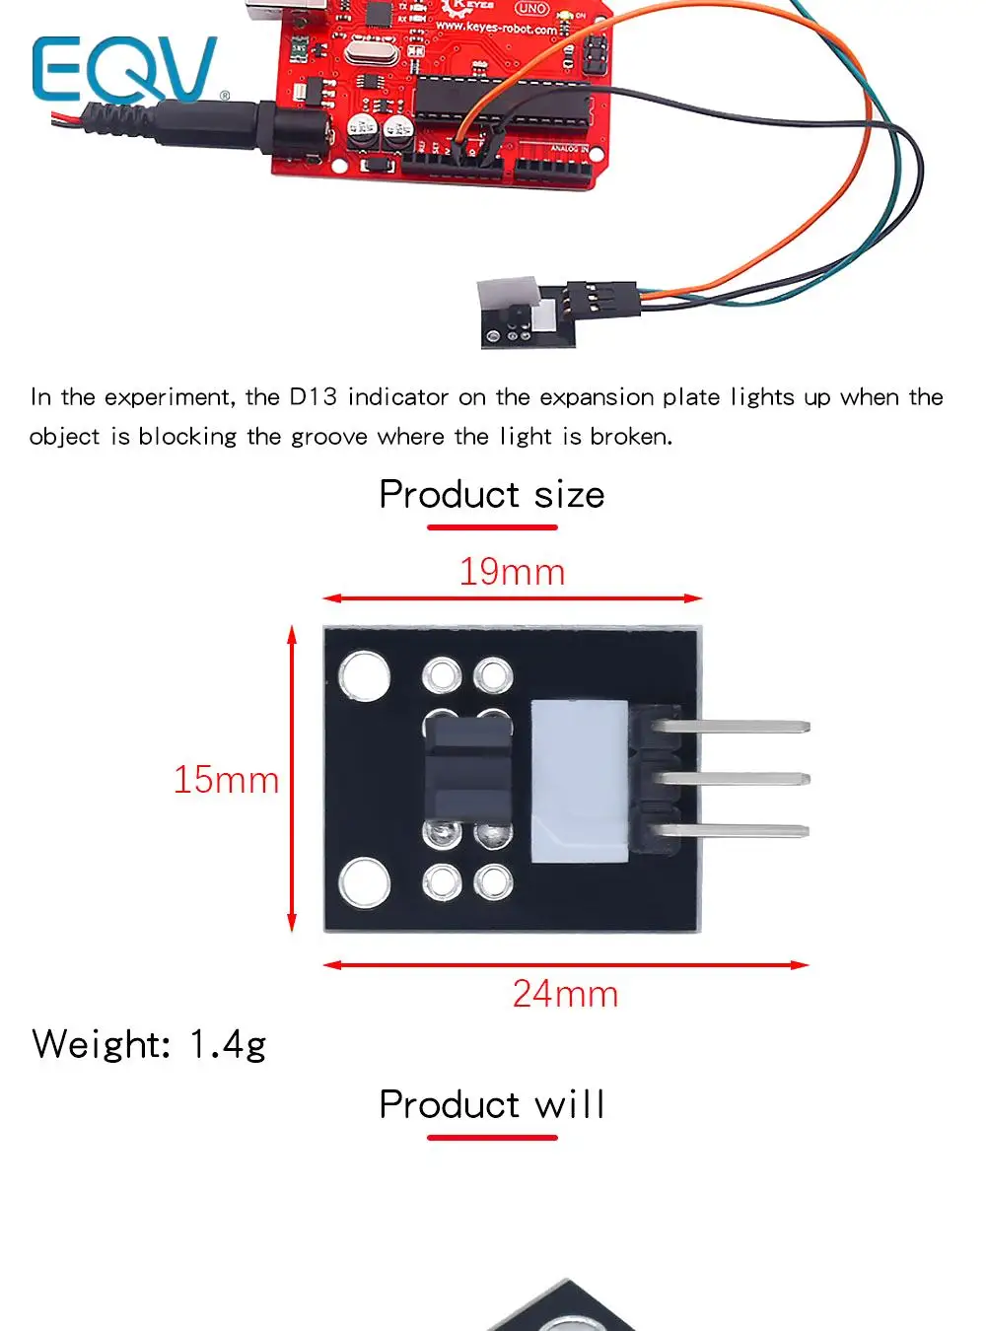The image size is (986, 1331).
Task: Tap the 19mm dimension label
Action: (512, 572)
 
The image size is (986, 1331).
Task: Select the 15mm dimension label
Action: (226, 780)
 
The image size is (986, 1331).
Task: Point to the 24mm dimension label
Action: (565, 994)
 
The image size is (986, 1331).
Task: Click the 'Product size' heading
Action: (491, 495)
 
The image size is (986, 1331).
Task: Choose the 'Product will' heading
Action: (491, 1105)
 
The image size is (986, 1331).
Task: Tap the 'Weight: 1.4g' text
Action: (149, 1044)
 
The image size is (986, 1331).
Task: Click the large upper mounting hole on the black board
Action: (364, 676)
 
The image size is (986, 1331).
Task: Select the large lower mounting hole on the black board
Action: (364, 880)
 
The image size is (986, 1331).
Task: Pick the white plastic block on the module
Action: (579, 781)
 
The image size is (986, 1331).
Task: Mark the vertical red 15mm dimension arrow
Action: (292, 779)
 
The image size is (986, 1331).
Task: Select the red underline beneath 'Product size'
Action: (491, 527)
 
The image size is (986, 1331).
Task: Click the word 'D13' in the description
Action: (312, 397)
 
